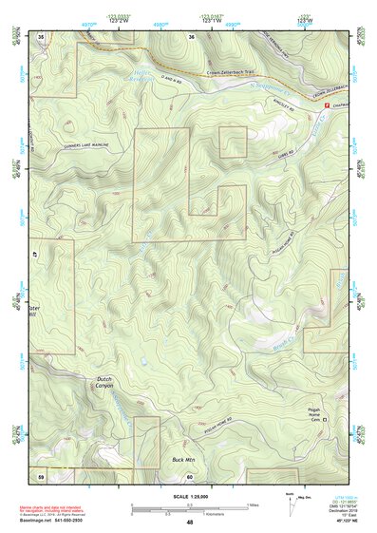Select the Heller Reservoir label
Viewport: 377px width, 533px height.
[142, 77]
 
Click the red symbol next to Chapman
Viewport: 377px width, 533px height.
[329, 105]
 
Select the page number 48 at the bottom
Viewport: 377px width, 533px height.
[189, 523]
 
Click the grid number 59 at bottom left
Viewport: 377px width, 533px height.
[41, 474]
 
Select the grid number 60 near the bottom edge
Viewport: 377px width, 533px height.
[190, 475]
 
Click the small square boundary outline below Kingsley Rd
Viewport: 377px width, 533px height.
[234, 142]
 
